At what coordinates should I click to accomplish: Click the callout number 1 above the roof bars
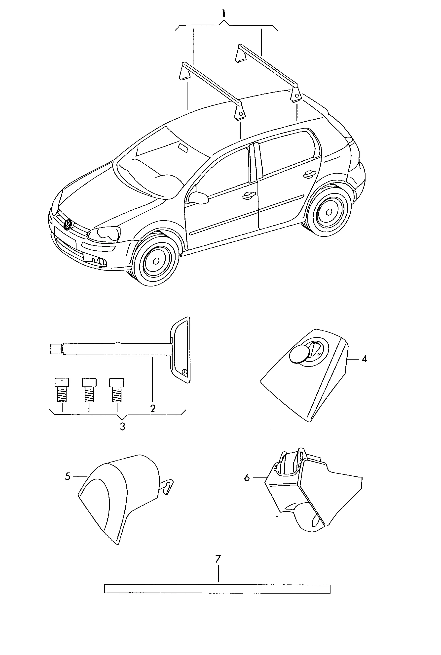223,13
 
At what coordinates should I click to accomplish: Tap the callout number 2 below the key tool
153,408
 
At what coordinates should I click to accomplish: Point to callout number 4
364,359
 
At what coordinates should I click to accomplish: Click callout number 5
68,476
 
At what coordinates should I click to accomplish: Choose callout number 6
247,478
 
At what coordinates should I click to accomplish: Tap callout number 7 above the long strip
218,559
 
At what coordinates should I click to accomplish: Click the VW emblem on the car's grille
68,225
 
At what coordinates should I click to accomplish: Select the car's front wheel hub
156,261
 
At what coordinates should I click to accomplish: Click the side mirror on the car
198,198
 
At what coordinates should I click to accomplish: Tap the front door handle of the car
249,196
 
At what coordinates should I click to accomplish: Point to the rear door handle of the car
309,174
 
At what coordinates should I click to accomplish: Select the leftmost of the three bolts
62,390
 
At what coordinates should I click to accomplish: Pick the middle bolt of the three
89,390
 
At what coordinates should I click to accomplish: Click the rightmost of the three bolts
116,390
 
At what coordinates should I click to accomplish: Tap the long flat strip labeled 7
217,589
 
